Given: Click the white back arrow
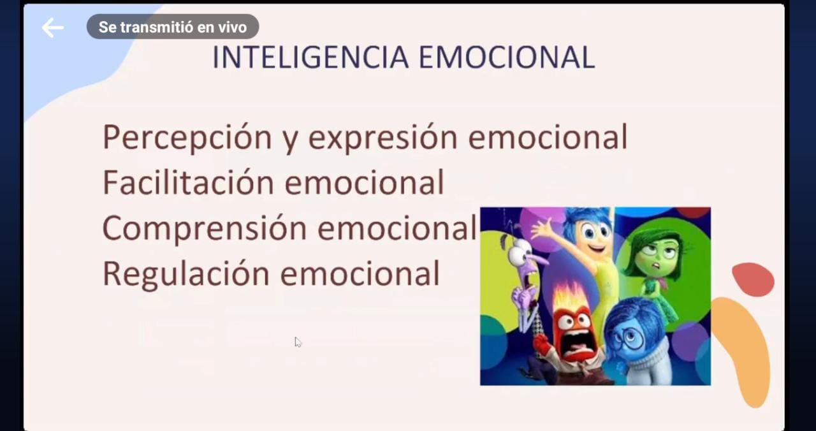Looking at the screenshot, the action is [53, 27].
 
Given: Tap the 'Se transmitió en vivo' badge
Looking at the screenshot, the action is [173, 27].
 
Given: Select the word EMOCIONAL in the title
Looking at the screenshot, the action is [507, 57].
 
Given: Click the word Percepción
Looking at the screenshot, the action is [187, 138].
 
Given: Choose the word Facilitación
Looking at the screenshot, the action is [188, 182].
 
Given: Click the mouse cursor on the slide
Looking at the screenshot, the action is [298, 342].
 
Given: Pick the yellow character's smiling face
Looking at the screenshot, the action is [595, 237].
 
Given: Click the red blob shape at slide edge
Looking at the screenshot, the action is [754, 279].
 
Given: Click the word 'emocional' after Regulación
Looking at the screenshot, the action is [360, 274].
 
